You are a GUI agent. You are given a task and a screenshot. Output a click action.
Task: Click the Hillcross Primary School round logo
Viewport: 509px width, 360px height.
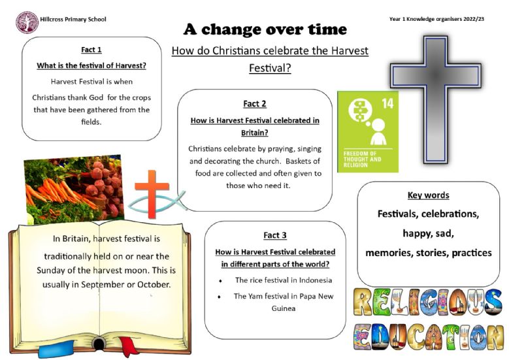click(x=27, y=22)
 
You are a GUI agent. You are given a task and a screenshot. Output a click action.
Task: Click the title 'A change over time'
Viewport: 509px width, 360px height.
click(x=265, y=29)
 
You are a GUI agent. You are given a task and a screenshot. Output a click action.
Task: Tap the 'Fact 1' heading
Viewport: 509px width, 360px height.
click(x=91, y=50)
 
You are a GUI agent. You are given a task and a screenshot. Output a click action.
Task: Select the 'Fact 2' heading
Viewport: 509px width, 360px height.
click(x=255, y=103)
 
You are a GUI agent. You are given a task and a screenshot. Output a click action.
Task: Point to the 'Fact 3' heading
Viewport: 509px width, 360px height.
click(x=275, y=235)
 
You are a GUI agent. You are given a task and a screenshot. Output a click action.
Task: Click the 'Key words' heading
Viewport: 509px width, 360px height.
click(x=428, y=195)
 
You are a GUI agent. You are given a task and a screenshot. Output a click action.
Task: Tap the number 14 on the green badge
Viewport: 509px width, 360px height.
click(x=387, y=103)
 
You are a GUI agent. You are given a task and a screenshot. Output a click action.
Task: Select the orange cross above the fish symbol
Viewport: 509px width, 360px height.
click(x=152, y=194)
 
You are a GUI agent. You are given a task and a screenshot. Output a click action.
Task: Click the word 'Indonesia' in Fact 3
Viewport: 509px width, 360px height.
click(x=316, y=280)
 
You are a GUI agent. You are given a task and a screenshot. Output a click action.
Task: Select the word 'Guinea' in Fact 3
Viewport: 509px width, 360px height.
click(x=284, y=308)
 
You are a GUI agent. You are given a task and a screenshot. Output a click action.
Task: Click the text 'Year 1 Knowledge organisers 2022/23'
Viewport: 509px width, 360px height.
click(x=436, y=19)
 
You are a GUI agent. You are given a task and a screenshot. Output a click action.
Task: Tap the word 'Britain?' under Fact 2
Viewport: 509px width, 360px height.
click(x=255, y=133)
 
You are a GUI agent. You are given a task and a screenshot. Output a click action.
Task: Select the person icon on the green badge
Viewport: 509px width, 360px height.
click(x=378, y=132)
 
